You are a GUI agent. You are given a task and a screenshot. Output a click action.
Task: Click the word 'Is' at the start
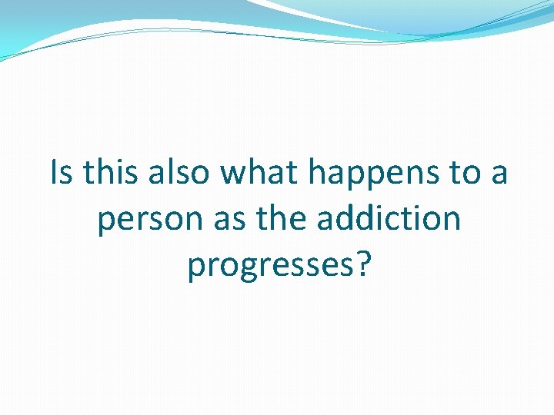tap(62, 173)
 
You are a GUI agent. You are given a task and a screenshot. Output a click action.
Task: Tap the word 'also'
tap(178, 173)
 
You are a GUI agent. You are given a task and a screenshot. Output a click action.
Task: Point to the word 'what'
tap(259, 173)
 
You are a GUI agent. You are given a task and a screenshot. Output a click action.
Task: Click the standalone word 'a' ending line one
tap(499, 176)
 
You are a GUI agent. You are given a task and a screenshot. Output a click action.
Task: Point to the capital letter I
tap(54, 173)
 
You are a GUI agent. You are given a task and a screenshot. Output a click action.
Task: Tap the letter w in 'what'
tap(233, 175)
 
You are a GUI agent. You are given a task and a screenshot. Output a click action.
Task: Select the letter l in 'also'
tap(170, 172)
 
